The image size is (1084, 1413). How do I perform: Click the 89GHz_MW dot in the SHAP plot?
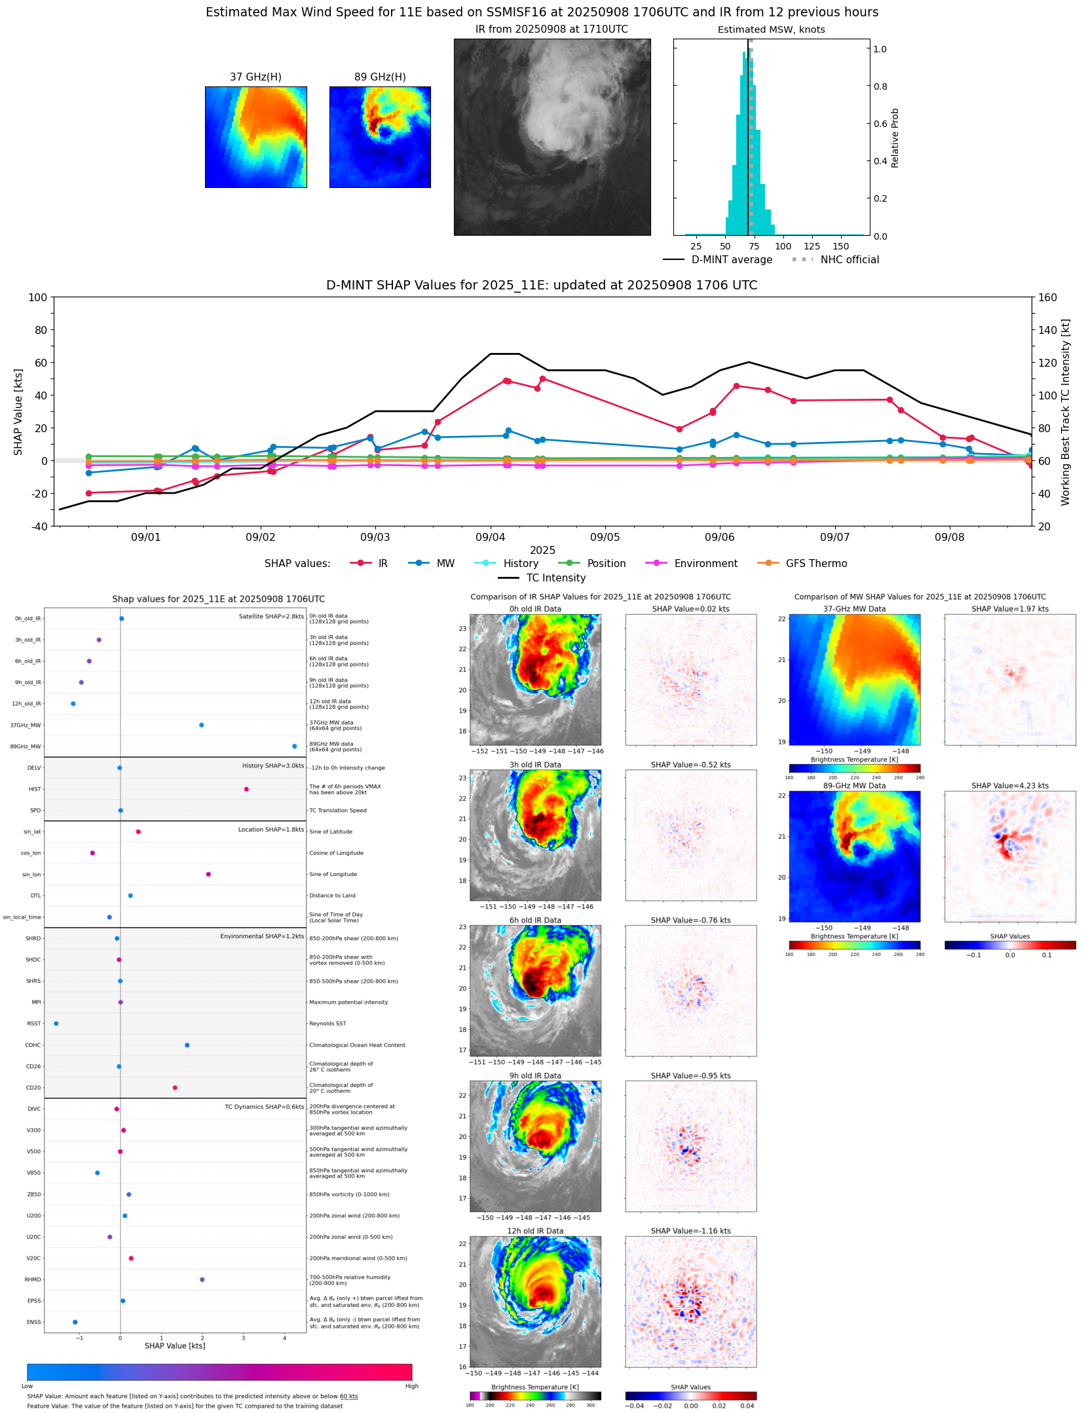[x=294, y=746]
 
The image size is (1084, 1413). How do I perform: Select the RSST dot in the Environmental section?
[x=56, y=1023]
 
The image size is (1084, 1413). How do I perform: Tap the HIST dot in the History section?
[x=246, y=789]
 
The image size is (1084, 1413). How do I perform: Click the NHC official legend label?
[x=849, y=260]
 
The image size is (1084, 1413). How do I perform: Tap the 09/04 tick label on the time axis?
[x=490, y=538]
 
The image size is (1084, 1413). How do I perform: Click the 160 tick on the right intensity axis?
[x=1047, y=297]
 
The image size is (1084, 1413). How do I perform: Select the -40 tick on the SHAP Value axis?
[x=38, y=526]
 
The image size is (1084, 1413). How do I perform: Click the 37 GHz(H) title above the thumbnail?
[x=255, y=77]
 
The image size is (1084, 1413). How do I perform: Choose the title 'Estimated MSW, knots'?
[x=771, y=29]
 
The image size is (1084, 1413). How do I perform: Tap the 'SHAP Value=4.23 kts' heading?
[x=1009, y=786]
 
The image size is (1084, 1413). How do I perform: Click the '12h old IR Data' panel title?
[x=535, y=1231]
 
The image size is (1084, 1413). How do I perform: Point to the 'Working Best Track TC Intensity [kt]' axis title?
[x=1066, y=412]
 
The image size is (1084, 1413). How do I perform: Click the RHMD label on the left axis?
[x=33, y=1279]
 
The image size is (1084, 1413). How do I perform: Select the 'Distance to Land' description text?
[x=332, y=896]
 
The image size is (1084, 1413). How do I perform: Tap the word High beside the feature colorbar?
[x=411, y=1386]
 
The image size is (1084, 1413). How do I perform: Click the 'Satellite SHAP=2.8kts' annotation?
[x=271, y=616]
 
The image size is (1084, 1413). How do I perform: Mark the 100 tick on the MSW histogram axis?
[x=783, y=246]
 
